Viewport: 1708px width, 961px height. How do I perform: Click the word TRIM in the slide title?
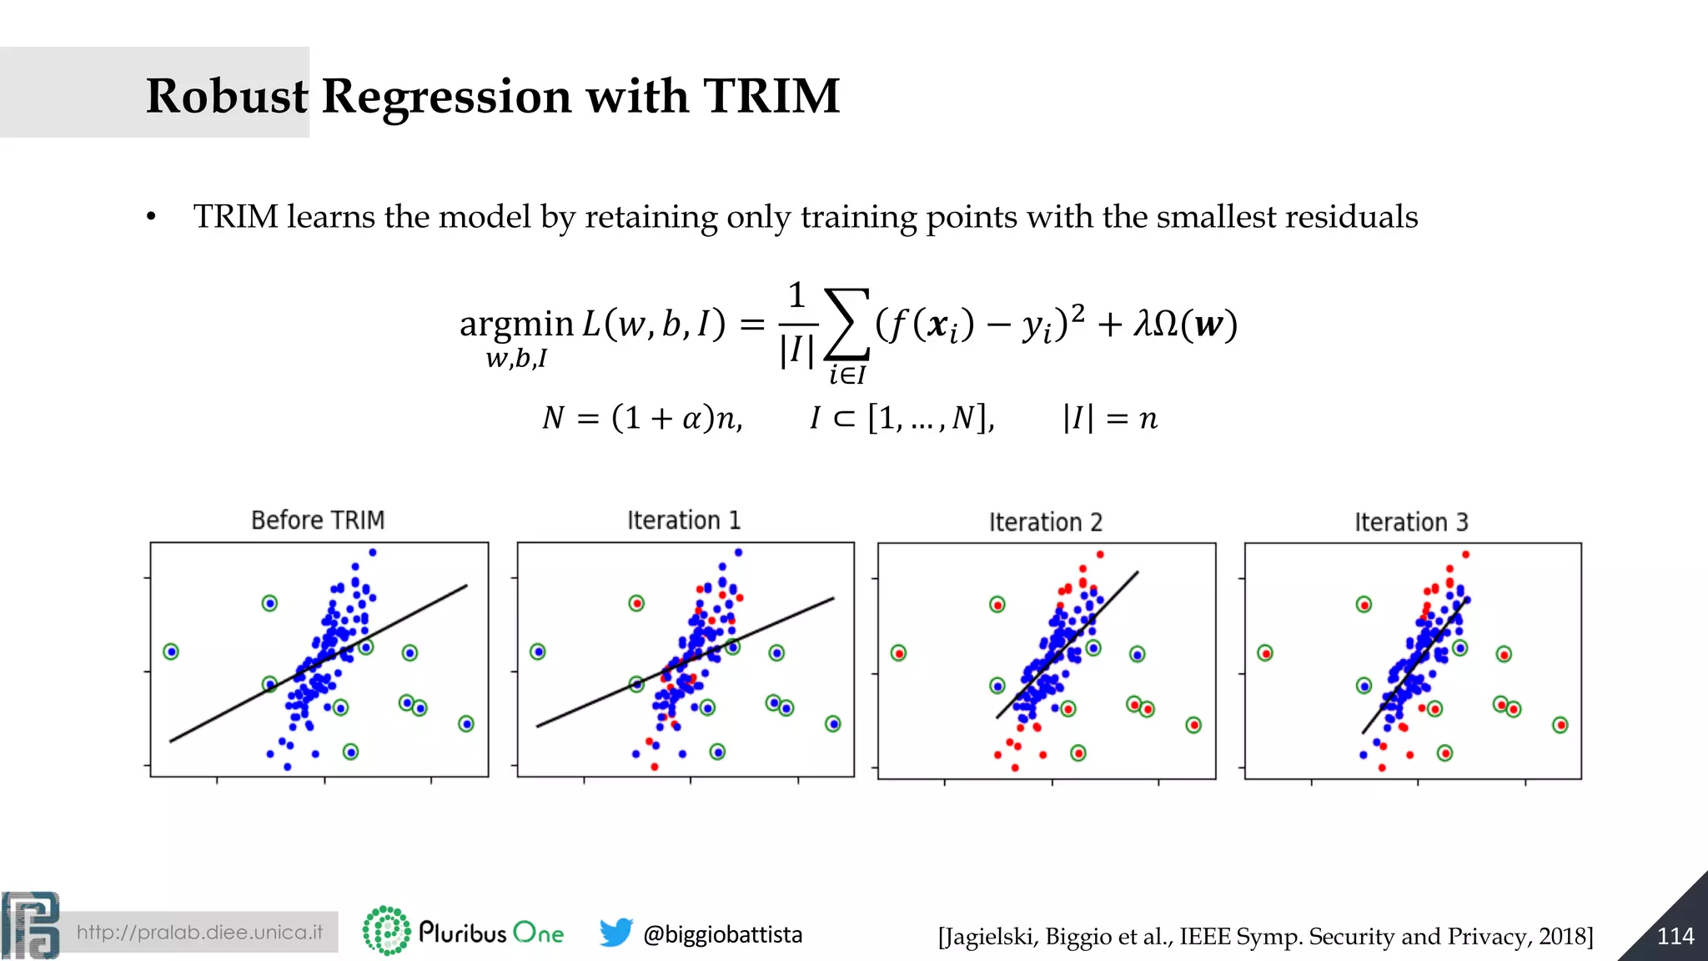point(771,96)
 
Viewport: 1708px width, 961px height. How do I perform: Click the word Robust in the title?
point(227,96)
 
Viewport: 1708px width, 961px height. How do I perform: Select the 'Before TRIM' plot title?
point(318,521)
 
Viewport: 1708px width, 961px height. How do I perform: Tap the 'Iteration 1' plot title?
point(684,521)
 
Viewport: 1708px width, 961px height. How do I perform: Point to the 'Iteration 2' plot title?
point(1046,523)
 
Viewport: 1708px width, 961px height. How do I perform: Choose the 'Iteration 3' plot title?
point(1411,523)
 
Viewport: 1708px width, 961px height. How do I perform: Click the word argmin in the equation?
point(516,324)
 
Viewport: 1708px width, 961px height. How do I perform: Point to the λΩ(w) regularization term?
point(1185,325)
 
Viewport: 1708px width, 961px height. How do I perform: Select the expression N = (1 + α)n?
point(642,418)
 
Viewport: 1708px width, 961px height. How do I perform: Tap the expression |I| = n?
point(1110,418)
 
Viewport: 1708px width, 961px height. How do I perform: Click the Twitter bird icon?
point(615,933)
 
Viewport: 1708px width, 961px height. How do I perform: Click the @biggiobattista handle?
point(722,934)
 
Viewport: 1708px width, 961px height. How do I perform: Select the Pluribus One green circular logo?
point(386,930)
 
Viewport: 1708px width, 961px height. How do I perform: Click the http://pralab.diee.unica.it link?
point(199,933)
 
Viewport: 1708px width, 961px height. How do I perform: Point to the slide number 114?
point(1675,937)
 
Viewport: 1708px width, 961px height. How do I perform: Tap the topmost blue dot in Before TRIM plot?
point(373,552)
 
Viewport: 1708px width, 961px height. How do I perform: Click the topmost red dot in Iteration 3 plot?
point(1465,555)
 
